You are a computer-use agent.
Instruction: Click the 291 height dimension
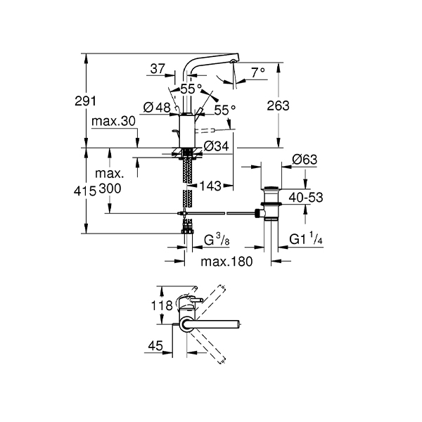tap(85, 101)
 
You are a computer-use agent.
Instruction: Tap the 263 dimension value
tap(278, 105)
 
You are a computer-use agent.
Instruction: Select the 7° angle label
tap(258, 72)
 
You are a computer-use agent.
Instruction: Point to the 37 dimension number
tap(158, 69)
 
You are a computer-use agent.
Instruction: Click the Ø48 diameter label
tap(157, 108)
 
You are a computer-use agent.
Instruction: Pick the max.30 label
tap(113, 122)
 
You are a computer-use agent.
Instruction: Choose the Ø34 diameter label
tap(216, 146)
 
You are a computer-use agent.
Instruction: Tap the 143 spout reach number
tap(210, 186)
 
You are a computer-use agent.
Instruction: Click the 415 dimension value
tap(85, 191)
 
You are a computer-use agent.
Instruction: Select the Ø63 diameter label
tap(305, 160)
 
